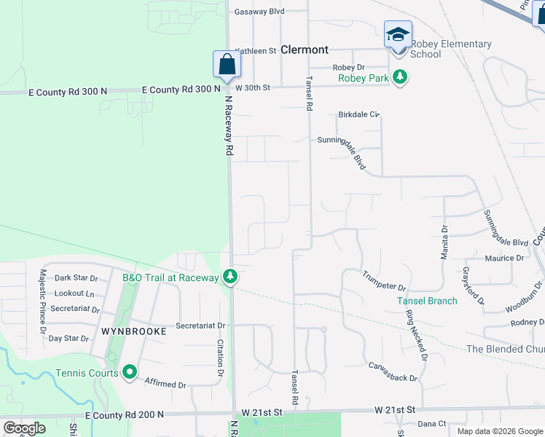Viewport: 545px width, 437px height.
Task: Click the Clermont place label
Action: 305,50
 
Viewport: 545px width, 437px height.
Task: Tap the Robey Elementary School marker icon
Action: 398,34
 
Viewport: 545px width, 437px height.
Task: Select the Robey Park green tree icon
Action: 399,77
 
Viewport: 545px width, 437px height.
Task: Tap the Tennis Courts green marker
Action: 130,373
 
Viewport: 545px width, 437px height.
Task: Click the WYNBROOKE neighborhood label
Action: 134,331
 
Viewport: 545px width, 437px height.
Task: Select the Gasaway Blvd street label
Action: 260,12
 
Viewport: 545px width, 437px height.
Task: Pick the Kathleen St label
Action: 256,51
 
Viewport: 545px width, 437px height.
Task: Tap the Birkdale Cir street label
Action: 359,114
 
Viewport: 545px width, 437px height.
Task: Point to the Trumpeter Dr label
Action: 384,281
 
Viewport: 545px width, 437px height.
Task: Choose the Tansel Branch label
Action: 427,301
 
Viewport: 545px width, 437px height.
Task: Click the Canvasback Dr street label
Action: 392,371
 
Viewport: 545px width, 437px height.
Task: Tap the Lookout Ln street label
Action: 79,294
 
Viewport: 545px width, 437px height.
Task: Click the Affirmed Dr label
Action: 165,382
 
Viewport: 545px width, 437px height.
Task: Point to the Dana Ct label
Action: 431,423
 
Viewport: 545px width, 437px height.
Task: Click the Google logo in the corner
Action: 24,428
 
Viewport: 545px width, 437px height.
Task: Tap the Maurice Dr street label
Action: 504,258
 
